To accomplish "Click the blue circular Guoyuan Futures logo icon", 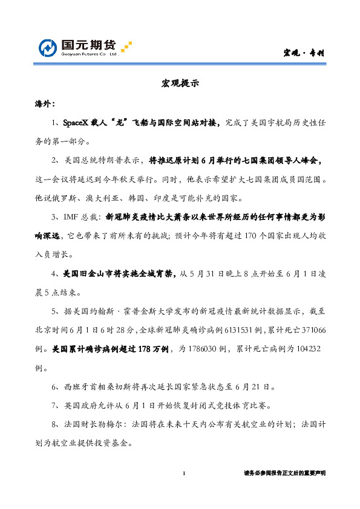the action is click(x=49, y=48).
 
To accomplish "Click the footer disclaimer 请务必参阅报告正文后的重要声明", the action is click(x=284, y=473).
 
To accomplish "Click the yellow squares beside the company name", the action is click(x=126, y=47).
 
